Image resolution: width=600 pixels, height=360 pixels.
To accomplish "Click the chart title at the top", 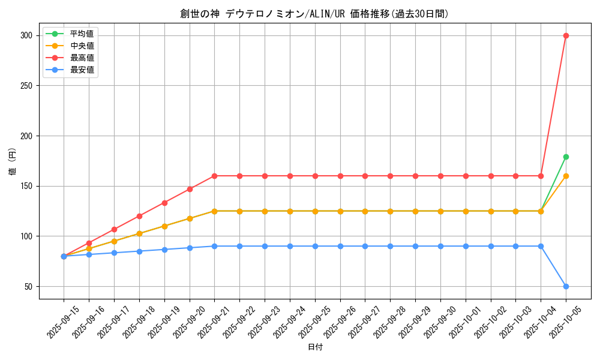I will (x=314, y=14).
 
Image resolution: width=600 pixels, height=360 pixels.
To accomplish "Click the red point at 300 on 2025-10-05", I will (x=566, y=35).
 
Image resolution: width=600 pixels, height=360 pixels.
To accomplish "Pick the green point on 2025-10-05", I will (x=566, y=157).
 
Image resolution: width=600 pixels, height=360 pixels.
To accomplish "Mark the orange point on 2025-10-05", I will (x=566, y=176).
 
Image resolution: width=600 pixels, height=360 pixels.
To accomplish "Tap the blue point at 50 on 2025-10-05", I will (x=566, y=286).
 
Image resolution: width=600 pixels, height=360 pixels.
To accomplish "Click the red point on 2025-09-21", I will (x=214, y=176).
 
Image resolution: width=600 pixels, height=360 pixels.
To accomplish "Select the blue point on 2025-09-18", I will (x=139, y=251).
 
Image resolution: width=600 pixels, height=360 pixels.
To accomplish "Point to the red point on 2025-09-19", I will (x=164, y=203).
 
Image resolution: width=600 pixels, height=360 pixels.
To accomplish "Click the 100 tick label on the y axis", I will (x=26, y=236).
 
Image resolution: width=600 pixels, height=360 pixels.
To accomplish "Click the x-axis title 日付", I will (x=315, y=347).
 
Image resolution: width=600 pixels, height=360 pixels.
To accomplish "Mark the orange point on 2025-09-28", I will (x=390, y=211).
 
